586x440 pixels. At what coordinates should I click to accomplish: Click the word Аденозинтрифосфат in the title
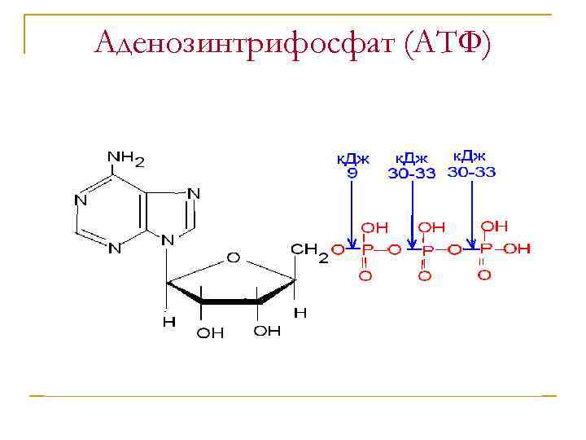(x=243, y=42)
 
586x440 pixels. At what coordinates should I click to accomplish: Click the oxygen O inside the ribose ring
(x=233, y=257)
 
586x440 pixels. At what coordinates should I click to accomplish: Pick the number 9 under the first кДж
(x=352, y=173)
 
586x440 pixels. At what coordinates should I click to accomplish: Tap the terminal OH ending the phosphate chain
(x=518, y=248)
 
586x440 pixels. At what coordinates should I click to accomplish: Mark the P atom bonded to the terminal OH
(x=484, y=248)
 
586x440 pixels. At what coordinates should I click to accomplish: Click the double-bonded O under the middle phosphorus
(x=424, y=276)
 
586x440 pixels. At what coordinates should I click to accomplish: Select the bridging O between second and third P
(x=454, y=249)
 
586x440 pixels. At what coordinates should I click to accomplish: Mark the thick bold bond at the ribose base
(x=230, y=301)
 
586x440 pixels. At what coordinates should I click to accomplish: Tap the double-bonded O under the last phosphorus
(x=484, y=275)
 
